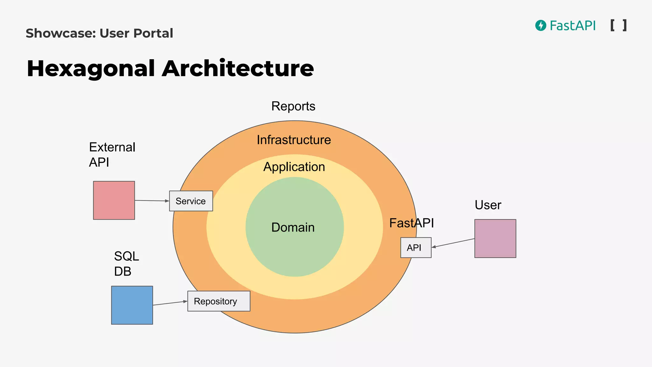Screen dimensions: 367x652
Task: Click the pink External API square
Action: (x=114, y=200)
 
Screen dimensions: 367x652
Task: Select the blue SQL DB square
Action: (x=132, y=305)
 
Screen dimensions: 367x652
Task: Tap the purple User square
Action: (x=495, y=238)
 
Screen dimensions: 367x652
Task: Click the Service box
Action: (x=191, y=201)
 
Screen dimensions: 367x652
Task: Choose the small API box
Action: (x=416, y=248)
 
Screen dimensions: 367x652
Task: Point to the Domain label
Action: (x=293, y=227)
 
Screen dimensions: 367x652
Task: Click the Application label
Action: (x=294, y=167)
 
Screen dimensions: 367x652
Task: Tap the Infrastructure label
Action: (x=294, y=140)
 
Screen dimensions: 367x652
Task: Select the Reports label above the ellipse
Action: (x=293, y=106)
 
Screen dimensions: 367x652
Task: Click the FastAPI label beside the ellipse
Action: (x=412, y=223)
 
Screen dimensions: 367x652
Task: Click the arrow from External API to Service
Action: (x=152, y=201)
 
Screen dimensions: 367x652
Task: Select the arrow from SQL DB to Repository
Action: (x=170, y=303)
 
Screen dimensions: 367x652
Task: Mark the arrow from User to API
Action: (x=453, y=243)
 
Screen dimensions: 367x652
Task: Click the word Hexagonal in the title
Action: (x=91, y=68)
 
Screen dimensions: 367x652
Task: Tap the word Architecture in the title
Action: (x=238, y=68)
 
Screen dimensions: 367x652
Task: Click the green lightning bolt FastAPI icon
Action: (x=541, y=25)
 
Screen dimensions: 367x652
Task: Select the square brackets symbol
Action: (x=619, y=25)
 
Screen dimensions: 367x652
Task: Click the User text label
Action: (x=488, y=205)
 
